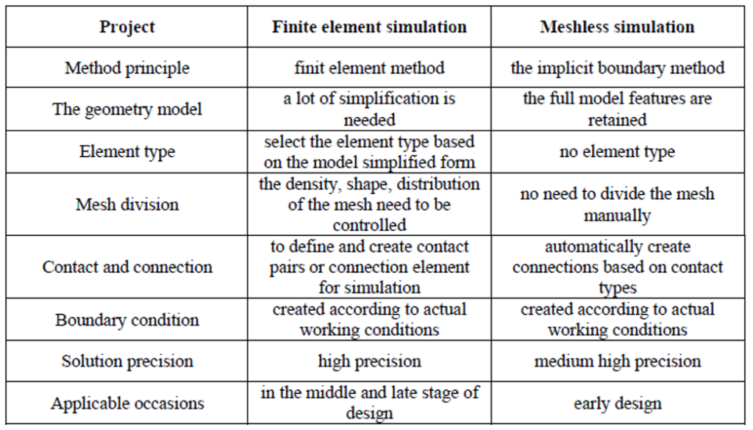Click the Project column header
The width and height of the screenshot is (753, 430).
pyautogui.click(x=127, y=27)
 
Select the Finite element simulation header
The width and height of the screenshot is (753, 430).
pyautogui.click(x=369, y=27)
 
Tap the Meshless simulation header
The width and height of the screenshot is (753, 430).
pyautogui.click(x=617, y=27)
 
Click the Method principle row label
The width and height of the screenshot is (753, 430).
pyautogui.click(x=127, y=68)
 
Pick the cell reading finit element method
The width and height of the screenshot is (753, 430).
pyautogui.click(x=369, y=68)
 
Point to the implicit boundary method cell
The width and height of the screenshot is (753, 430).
pyautogui.click(x=618, y=68)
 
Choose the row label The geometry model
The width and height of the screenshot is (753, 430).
pyautogui.click(x=127, y=109)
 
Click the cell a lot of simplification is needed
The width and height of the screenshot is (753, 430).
pyautogui.click(x=369, y=109)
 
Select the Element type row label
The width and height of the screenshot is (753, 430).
pyautogui.click(x=127, y=151)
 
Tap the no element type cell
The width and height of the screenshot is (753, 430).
pyautogui.click(x=617, y=151)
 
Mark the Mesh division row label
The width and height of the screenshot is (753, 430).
pyautogui.click(x=127, y=204)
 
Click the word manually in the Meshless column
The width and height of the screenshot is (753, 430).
pyautogui.click(x=617, y=215)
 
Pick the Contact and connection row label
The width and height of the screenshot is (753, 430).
pyautogui.click(x=127, y=267)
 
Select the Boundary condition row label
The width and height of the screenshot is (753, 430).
pyautogui.click(x=127, y=320)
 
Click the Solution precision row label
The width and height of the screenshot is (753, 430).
pyautogui.click(x=127, y=361)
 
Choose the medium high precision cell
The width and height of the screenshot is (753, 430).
pyautogui.click(x=618, y=361)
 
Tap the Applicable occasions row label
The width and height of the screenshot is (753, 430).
pyautogui.click(x=127, y=403)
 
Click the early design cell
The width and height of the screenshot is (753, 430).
pyautogui.click(x=618, y=404)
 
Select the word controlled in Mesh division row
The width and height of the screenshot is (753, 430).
pyautogui.click(x=369, y=225)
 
